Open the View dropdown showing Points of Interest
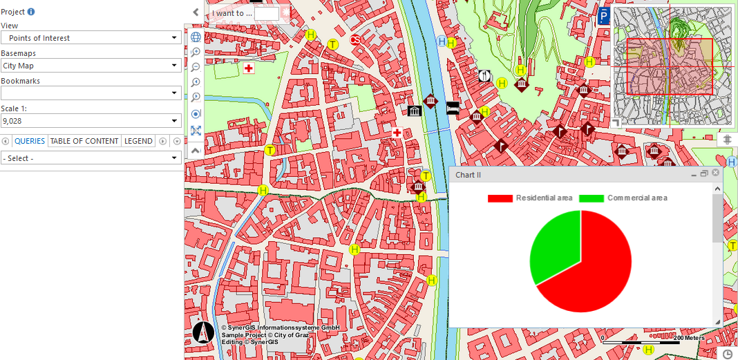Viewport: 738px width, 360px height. click(91, 38)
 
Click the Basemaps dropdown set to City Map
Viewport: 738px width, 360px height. click(91, 66)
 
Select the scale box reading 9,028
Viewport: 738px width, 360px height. click(91, 121)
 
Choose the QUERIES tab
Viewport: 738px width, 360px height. click(30, 141)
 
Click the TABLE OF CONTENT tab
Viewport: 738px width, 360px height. click(84, 141)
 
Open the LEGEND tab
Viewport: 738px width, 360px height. click(138, 141)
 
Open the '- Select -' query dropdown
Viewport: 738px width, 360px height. click(91, 158)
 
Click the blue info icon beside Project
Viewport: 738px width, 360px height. click(31, 12)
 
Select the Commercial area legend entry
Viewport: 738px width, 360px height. click(623, 198)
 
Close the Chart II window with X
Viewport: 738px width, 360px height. click(715, 173)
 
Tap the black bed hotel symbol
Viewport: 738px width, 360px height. click(453, 108)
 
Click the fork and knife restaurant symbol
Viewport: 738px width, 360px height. click(485, 76)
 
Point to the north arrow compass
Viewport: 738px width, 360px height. click(203, 332)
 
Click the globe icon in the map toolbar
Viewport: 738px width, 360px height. click(196, 37)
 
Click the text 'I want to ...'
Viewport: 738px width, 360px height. click(231, 13)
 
